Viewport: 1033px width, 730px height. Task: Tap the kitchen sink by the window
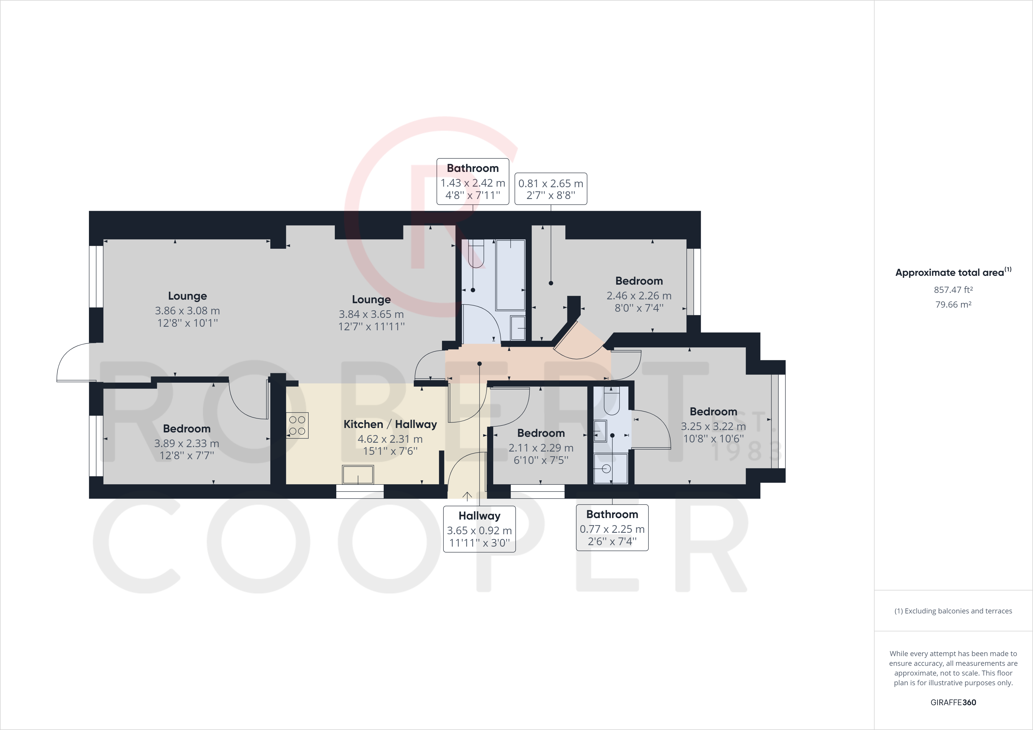click(x=358, y=474)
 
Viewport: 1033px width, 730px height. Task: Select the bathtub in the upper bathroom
click(x=510, y=275)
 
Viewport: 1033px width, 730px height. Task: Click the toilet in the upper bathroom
click(x=476, y=254)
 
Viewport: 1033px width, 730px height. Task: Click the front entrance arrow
click(x=467, y=496)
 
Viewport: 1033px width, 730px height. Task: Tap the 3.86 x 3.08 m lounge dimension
click(x=187, y=311)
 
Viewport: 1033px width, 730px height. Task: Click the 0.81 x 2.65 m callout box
click(x=551, y=189)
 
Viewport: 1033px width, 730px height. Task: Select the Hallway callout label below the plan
click(x=479, y=516)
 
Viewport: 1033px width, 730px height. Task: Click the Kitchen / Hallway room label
click(x=390, y=424)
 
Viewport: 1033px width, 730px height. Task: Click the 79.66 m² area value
click(x=953, y=304)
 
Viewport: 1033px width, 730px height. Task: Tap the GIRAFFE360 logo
click(x=953, y=702)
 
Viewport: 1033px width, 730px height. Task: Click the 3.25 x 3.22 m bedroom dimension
click(x=713, y=427)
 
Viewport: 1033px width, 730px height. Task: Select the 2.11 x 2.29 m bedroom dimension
click(x=541, y=448)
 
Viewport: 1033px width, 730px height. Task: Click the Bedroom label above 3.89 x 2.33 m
click(x=187, y=429)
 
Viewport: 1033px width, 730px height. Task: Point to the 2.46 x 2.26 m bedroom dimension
click(x=639, y=296)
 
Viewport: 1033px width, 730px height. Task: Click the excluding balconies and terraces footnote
click(x=953, y=611)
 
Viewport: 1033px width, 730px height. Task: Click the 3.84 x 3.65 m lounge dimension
click(x=371, y=314)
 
